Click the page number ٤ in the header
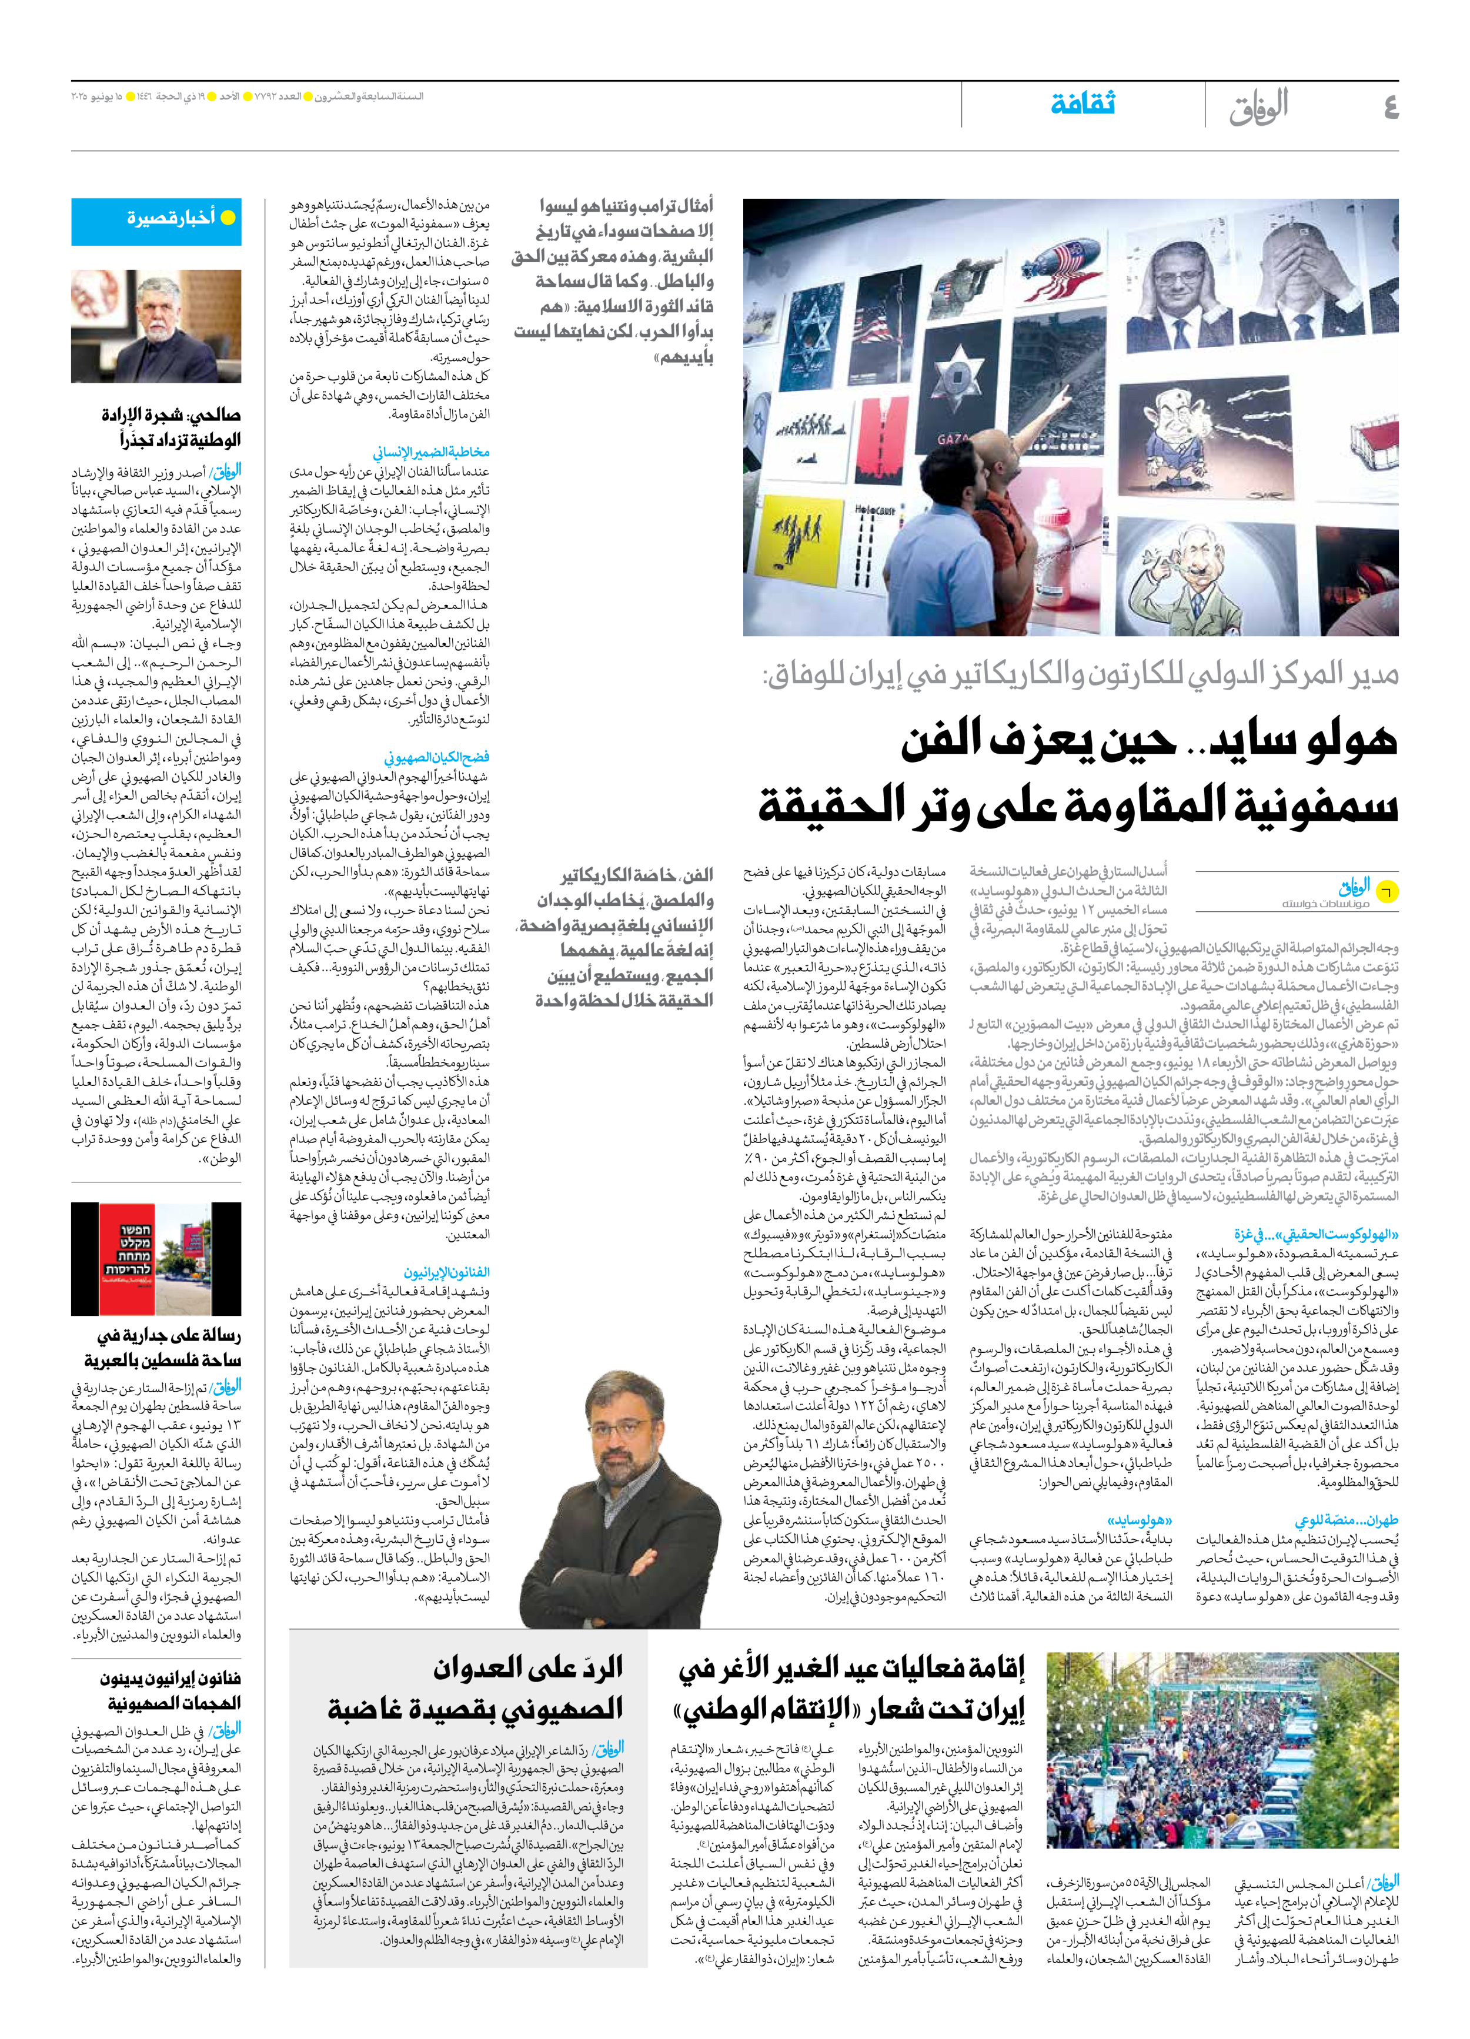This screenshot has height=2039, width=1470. coord(1390,107)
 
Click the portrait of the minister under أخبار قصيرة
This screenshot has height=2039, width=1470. coord(156,326)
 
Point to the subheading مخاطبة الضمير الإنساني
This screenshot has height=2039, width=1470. coord(432,452)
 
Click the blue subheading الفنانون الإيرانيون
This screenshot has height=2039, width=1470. coord(447,1272)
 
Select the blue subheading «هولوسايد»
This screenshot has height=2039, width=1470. coord(1140,1520)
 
